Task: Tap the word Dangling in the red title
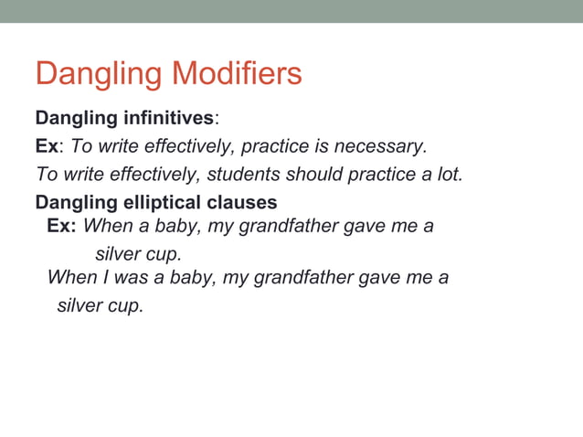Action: pos(99,74)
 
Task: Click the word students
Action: pos(251,174)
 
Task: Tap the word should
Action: pos(313,174)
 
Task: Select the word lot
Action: pos(449,174)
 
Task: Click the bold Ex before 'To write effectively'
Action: pos(46,146)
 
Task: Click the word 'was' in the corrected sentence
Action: pos(130,276)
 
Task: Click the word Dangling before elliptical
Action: pos(71,202)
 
